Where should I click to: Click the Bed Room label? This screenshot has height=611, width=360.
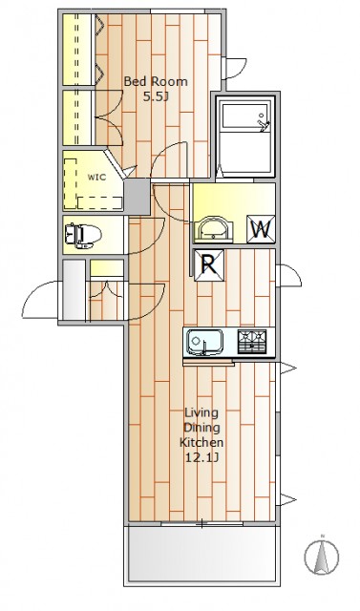tap(156, 82)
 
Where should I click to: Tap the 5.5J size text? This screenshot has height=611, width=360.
tap(156, 96)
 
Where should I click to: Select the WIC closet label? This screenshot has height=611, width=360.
tap(96, 178)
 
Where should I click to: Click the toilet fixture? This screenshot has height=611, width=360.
tap(83, 236)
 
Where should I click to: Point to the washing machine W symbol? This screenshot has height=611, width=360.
tap(261, 229)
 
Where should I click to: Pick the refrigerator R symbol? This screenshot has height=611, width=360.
tap(209, 265)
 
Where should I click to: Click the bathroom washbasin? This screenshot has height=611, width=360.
tap(214, 230)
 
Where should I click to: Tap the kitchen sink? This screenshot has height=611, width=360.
tap(204, 343)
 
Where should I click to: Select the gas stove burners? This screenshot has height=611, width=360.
tap(252, 342)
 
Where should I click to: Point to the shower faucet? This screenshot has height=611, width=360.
tap(264, 123)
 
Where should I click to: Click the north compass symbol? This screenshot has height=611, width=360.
tap(322, 556)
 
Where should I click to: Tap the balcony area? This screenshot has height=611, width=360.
tap(201, 555)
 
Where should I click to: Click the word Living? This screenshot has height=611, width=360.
tap(201, 412)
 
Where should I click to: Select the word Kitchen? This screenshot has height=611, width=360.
tap(201, 442)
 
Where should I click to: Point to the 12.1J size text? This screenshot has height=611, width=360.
tap(201, 457)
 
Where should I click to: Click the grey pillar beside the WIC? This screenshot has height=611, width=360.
tap(137, 197)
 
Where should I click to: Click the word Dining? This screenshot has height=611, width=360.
tap(201, 428)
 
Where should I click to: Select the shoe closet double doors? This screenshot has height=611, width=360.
tap(106, 290)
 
